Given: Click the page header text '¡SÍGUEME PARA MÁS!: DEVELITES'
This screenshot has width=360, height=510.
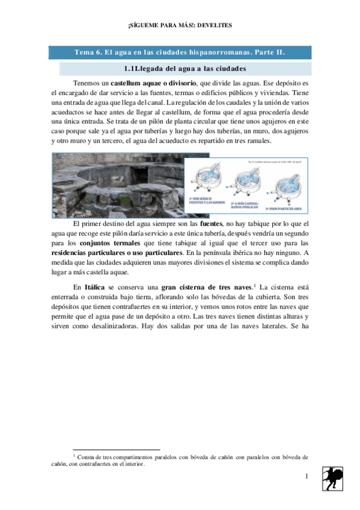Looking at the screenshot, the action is point(180,25).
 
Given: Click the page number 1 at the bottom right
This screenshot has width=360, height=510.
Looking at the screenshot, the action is point(307,477).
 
